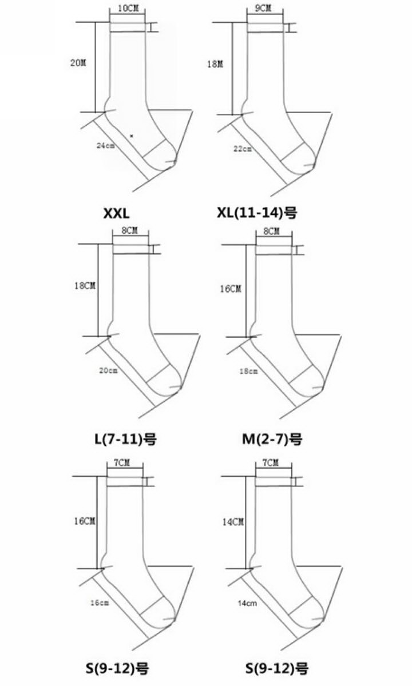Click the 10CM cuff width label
pyautogui.click(x=128, y=8)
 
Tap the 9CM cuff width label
pyautogui.click(x=263, y=8)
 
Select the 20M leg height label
pyautogui.click(x=78, y=63)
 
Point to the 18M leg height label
pyautogui.click(x=215, y=64)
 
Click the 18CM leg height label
pyautogui.click(x=85, y=286)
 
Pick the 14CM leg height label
pyautogui.click(x=233, y=522)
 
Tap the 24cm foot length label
pyautogui.click(x=106, y=145)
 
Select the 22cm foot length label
pyautogui.click(x=243, y=149)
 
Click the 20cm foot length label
pyautogui.click(x=108, y=370)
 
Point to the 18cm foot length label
pyautogui.click(x=248, y=371)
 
